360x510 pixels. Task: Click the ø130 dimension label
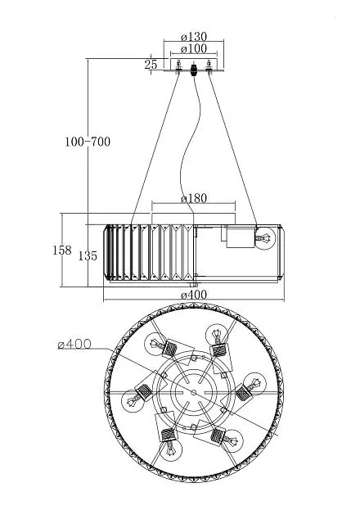click(194, 36)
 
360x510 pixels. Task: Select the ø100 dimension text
click(194, 48)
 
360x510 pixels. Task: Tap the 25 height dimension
click(151, 65)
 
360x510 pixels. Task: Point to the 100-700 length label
click(88, 142)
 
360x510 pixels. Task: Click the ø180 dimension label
click(194, 198)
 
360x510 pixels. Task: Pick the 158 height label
click(62, 250)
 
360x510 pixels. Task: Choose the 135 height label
click(88, 256)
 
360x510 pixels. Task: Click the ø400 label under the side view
click(194, 295)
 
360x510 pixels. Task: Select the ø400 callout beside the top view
click(74, 344)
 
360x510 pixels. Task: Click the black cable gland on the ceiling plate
click(194, 70)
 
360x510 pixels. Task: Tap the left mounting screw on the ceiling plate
click(178, 66)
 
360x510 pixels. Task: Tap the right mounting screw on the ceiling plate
click(209, 66)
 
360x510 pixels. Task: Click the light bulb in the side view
click(264, 238)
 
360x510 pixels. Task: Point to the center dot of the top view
click(194, 393)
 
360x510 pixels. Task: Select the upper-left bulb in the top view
click(155, 344)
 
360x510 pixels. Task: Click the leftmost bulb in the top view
click(133, 401)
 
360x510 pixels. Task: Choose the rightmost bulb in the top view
click(255, 384)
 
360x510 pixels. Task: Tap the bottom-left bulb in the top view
click(171, 449)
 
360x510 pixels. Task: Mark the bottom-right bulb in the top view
click(232, 441)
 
